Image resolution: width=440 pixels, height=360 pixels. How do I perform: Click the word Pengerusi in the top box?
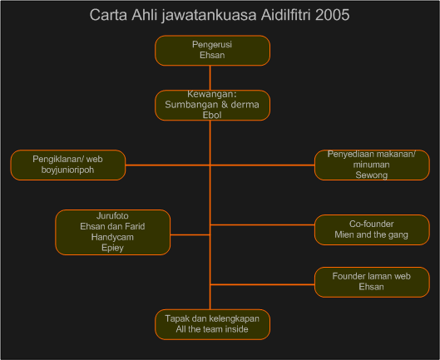212,45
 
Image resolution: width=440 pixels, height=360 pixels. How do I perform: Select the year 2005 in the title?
332,15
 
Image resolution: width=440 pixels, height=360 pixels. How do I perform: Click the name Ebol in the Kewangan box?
212,115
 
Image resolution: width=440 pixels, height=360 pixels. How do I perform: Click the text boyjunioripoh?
67,170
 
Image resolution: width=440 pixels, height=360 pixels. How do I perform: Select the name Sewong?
372,175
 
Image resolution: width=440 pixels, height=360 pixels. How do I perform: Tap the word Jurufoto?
112,216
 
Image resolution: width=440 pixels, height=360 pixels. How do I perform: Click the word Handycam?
112,237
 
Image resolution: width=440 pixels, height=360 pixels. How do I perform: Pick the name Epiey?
112,248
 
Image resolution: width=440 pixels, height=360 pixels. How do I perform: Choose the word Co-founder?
372,224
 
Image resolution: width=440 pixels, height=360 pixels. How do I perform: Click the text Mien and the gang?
372,234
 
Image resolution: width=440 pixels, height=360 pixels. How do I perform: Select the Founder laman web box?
372,282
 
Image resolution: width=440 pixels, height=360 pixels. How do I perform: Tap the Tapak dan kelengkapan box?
212,324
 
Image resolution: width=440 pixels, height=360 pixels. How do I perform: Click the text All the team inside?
212,329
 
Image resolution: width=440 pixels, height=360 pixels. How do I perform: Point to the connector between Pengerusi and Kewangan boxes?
210,77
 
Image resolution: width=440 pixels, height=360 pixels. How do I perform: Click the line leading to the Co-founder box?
262,224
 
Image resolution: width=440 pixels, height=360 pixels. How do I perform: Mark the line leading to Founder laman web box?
262,284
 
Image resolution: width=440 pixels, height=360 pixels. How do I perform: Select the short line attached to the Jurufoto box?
190,234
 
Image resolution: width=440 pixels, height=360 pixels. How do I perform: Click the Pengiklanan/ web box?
68,165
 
